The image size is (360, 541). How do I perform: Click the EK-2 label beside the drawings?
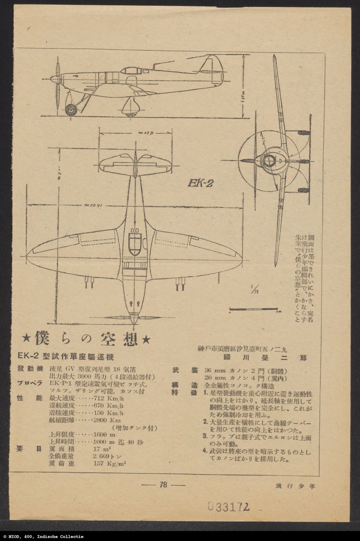(201, 183)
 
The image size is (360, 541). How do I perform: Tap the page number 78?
(163, 485)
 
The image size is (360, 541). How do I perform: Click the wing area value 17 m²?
(102, 449)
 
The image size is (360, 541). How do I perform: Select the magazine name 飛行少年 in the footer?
(295, 485)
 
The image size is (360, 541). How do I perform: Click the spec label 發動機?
(31, 369)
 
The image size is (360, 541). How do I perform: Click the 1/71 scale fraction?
(254, 289)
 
